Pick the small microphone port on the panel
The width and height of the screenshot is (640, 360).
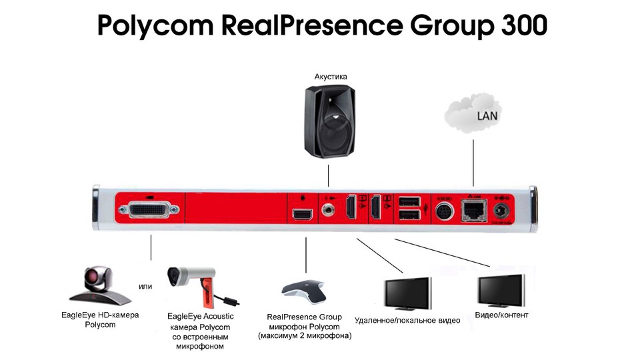point(303,214)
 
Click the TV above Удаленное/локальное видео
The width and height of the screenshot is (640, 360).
point(407,293)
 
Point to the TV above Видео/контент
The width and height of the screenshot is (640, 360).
point(502,289)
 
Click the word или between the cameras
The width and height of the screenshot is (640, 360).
point(145,287)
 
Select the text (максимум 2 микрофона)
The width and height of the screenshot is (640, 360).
point(305,336)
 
